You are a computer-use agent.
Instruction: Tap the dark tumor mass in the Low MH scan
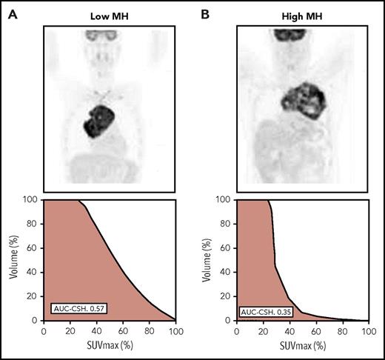(x=98, y=119)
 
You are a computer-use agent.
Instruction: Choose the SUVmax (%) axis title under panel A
(x=110, y=347)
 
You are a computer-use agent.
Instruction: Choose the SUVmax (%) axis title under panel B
(x=304, y=347)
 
